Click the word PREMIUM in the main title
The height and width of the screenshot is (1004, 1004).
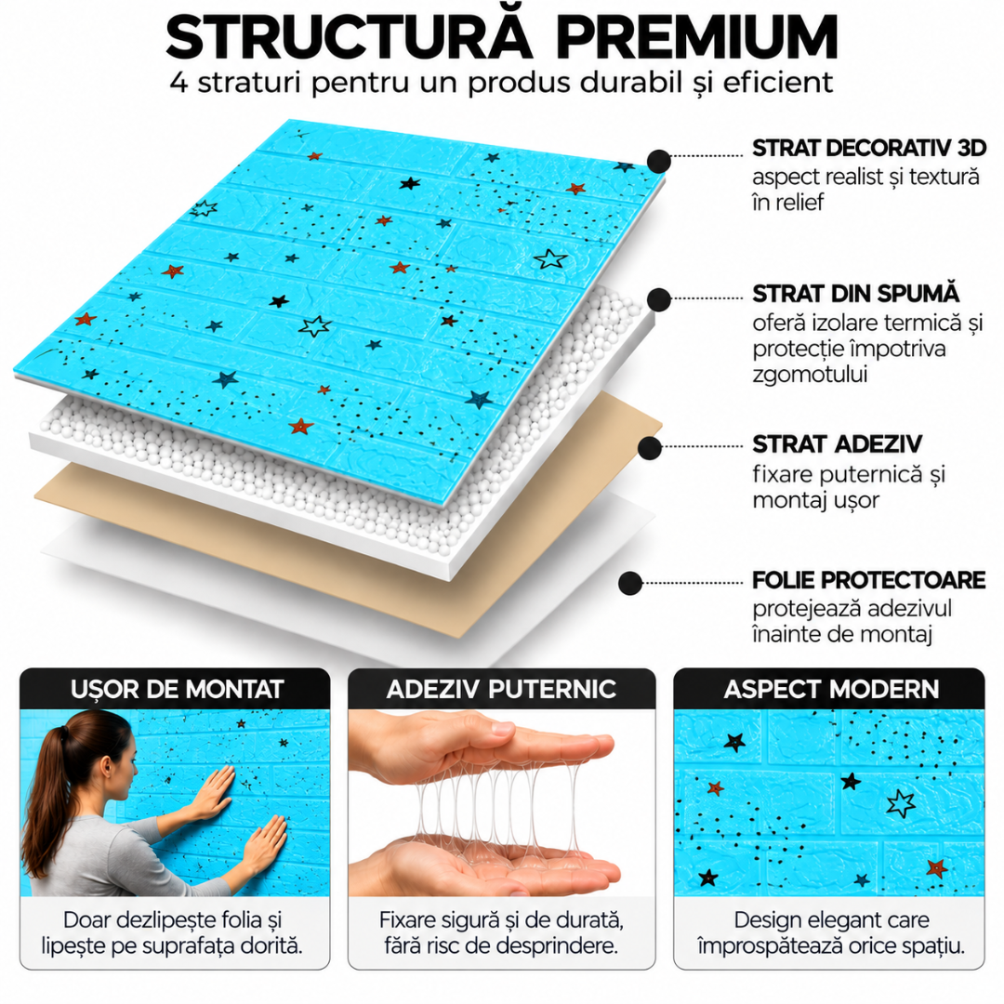point(696,38)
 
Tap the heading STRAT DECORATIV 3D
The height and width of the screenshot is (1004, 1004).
point(869,148)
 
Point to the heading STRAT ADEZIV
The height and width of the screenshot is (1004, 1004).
point(837,443)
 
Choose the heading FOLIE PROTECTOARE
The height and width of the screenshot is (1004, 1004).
point(869,580)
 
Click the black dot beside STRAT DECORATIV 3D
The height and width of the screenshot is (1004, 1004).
point(659,162)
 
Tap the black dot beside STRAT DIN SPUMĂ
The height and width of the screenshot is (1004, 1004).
point(659,299)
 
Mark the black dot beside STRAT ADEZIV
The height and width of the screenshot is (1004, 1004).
point(650,448)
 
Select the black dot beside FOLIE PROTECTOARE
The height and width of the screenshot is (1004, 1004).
point(630,583)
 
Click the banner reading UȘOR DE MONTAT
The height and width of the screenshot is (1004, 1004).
point(176,689)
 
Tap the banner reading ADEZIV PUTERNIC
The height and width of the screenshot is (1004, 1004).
point(501,689)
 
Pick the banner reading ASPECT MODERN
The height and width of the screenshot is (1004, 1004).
point(829,689)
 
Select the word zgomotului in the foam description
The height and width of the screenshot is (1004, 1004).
point(810,374)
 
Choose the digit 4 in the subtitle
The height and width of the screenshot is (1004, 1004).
point(178,84)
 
